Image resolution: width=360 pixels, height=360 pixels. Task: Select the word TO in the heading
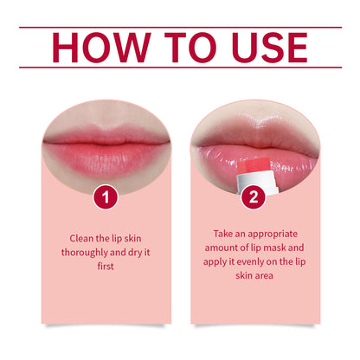coord(180,48)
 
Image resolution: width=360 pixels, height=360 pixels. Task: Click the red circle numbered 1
coord(106,197)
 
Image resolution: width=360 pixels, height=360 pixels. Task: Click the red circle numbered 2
coord(254,197)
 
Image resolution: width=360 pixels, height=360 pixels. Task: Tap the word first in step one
coord(106,267)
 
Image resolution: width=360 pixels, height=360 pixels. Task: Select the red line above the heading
coord(180,27)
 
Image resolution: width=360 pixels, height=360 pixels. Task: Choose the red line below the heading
coord(180,67)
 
